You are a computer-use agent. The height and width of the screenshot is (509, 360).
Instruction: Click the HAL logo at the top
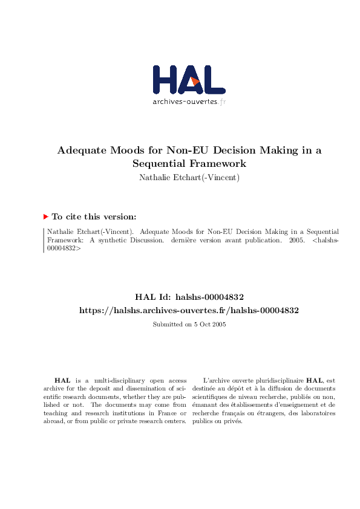click(x=188, y=80)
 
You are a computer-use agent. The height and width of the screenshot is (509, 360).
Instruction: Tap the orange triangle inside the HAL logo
click(x=194, y=81)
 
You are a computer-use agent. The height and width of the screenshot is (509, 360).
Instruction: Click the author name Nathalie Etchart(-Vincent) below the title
click(x=189, y=177)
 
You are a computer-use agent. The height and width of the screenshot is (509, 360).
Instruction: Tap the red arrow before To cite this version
click(x=45, y=216)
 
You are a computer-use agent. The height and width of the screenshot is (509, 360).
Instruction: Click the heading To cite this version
click(x=94, y=216)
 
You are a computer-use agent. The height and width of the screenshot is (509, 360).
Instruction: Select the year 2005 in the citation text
click(x=295, y=239)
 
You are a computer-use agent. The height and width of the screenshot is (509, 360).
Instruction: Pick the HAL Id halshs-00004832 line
click(x=189, y=297)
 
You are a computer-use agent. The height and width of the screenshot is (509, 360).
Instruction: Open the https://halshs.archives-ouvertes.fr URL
click(x=189, y=310)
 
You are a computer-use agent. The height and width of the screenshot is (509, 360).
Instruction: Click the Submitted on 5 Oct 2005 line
click(x=189, y=324)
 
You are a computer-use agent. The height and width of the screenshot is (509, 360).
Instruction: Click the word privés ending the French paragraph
click(x=233, y=421)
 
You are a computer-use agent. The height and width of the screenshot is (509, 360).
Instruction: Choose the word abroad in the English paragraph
click(x=53, y=421)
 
